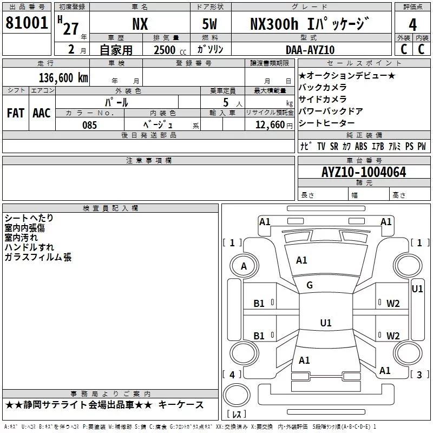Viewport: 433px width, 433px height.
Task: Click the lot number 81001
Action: click(x=27, y=23)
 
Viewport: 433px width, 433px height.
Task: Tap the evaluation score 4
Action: click(x=412, y=24)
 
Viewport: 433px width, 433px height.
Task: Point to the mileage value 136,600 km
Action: click(x=63, y=77)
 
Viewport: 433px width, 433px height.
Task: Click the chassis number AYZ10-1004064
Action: click(x=364, y=173)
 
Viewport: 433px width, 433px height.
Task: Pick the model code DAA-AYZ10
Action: click(x=310, y=50)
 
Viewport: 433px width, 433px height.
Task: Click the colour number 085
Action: click(x=90, y=124)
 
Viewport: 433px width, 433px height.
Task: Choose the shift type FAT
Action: click(x=15, y=113)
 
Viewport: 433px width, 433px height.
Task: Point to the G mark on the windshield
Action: click(x=310, y=285)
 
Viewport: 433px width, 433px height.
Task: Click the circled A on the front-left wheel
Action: click(x=244, y=266)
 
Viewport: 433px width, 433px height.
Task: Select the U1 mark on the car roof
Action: click(x=325, y=323)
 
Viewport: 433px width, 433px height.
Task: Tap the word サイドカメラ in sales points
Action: click(x=323, y=99)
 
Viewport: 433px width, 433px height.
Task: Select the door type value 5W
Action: click(x=211, y=24)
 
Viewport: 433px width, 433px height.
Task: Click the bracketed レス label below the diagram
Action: click(x=236, y=415)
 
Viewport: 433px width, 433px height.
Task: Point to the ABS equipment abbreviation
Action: click(x=361, y=146)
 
